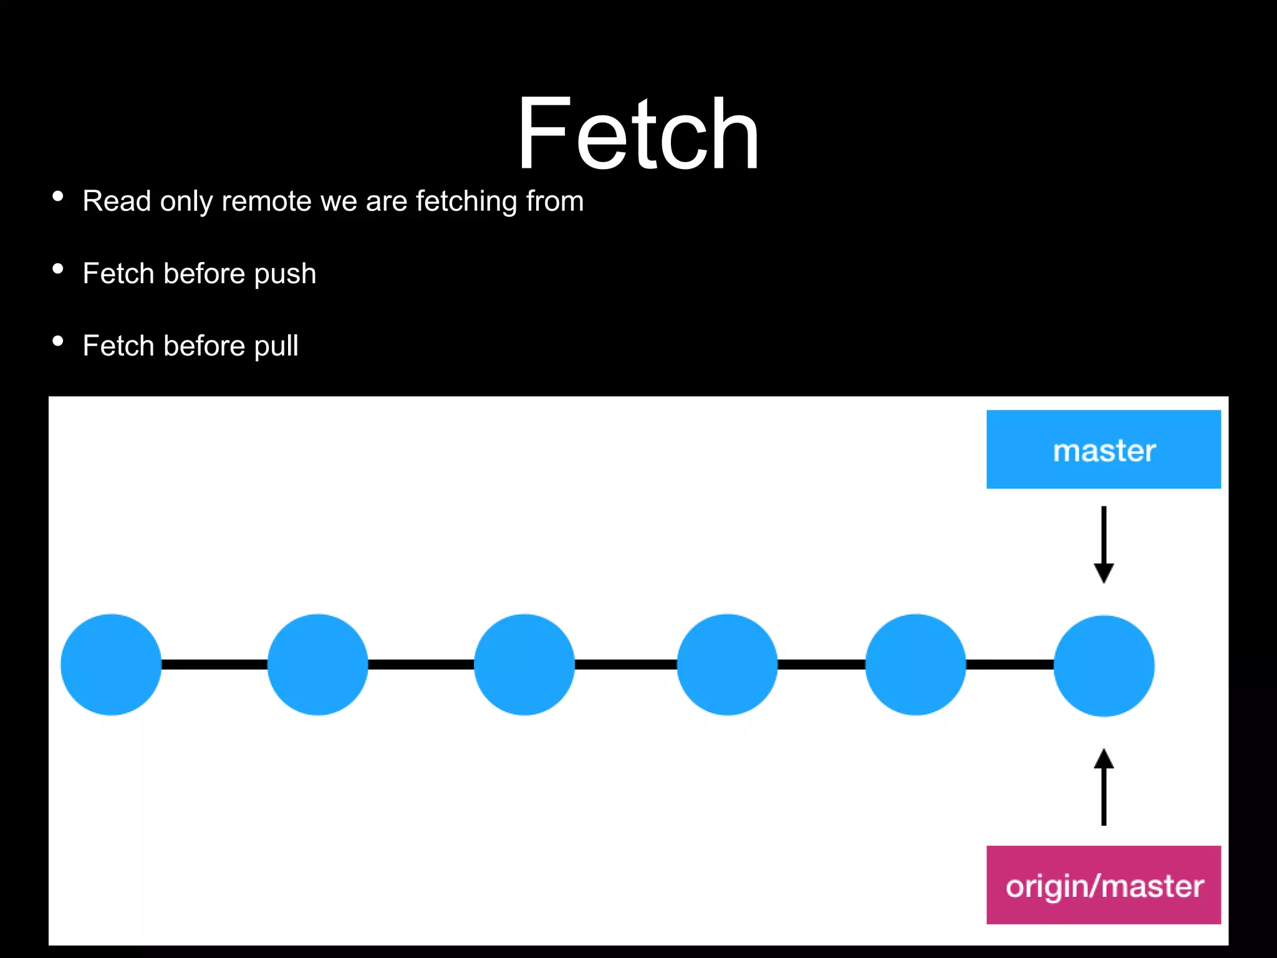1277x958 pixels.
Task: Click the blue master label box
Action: [x=1103, y=449]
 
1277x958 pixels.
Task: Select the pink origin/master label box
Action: [x=1103, y=884]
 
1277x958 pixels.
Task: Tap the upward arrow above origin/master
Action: [x=1104, y=787]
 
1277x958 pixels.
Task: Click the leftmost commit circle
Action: [x=111, y=664]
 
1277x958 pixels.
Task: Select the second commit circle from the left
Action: [x=317, y=664]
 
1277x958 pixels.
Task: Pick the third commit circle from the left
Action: [x=524, y=664]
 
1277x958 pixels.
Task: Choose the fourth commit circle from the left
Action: [x=727, y=664]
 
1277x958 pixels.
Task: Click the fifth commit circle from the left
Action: [x=915, y=664]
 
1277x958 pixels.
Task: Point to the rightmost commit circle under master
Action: [x=1104, y=665]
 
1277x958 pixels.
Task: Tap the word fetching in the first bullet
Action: [x=466, y=201]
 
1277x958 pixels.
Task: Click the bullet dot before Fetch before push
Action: [x=58, y=269]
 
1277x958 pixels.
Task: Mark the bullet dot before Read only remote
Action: [x=58, y=196]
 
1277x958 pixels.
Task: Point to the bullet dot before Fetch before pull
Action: [x=58, y=341]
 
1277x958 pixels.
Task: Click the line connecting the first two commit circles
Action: [x=214, y=664]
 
